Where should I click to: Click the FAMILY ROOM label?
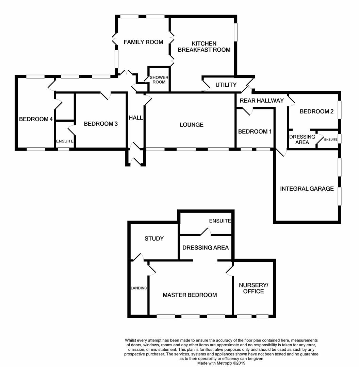pyautogui.click(x=143, y=42)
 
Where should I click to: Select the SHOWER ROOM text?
pyautogui.click(x=159, y=80)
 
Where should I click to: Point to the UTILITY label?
pyautogui.click(x=226, y=85)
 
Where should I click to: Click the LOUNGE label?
pyautogui.click(x=192, y=125)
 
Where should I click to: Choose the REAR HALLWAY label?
pyautogui.click(x=262, y=101)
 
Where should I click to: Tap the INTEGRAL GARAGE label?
pyautogui.click(x=307, y=189)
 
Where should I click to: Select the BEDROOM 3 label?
pyautogui.click(x=101, y=124)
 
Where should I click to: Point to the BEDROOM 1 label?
pyautogui.click(x=255, y=132)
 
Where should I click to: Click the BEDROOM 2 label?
pyautogui.click(x=316, y=111)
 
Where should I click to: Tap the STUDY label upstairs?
pyautogui.click(x=154, y=239)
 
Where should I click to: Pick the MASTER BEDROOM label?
pyautogui.click(x=190, y=295)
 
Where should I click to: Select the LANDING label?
pyautogui.click(x=139, y=288)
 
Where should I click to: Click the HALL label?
pyautogui.click(x=136, y=118)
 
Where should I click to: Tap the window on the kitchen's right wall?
pyautogui.click(x=235, y=32)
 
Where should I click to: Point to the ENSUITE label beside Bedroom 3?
pyautogui.click(x=65, y=141)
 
